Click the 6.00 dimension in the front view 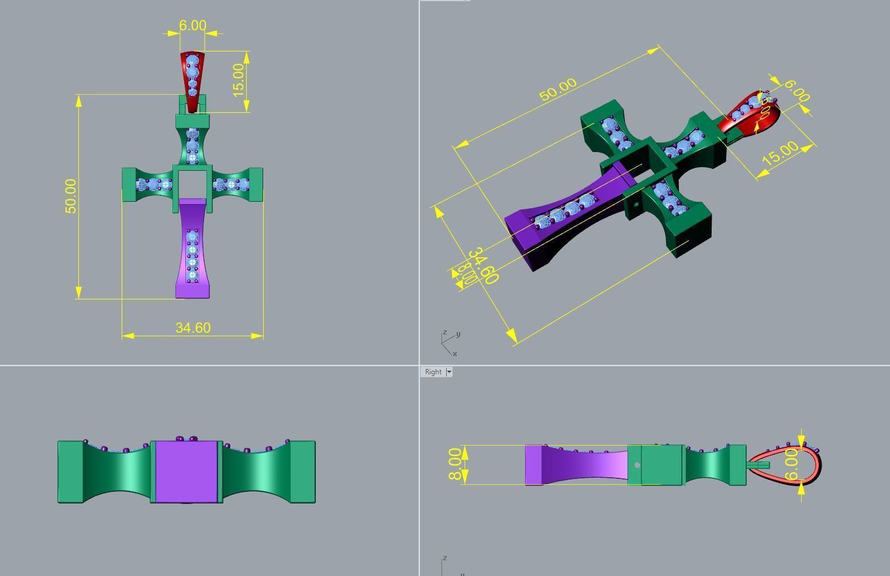click(x=192, y=26)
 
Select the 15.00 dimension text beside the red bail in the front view click(x=238, y=80)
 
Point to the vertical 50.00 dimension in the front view click(x=71, y=196)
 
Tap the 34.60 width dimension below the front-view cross click(x=192, y=328)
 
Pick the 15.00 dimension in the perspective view click(x=779, y=153)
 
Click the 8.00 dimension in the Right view click(x=456, y=464)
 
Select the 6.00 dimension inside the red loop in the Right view click(x=791, y=465)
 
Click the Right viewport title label click(x=433, y=372)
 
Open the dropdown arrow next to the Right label click(x=449, y=372)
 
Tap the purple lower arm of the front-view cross click(x=192, y=251)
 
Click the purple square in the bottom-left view click(x=187, y=471)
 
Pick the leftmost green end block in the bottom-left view click(x=71, y=471)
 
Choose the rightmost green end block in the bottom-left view click(x=302, y=471)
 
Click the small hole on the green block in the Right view click(x=637, y=465)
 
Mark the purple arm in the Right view click(x=579, y=465)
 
